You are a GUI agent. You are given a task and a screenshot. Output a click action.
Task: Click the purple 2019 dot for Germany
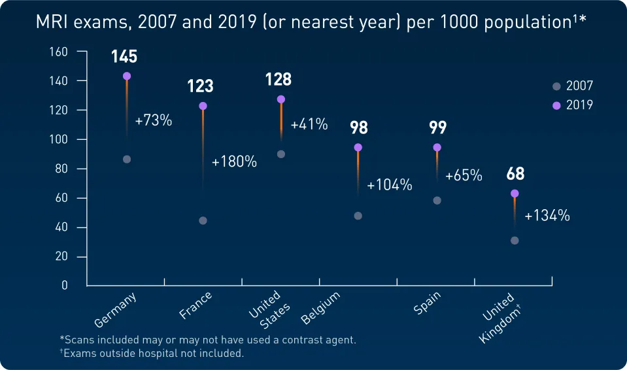pyautogui.click(x=127, y=76)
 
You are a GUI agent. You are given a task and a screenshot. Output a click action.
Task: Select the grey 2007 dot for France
pyautogui.click(x=203, y=220)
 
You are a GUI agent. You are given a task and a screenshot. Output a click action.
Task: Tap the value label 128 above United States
pyautogui.click(x=279, y=80)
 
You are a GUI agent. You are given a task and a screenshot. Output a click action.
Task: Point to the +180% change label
pyautogui.click(x=234, y=162)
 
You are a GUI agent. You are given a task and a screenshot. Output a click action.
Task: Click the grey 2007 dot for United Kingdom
pyautogui.click(x=515, y=241)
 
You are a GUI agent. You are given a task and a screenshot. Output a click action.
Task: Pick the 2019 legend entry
pyautogui.click(x=573, y=105)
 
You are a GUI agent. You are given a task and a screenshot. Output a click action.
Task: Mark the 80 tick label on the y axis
pyautogui.click(x=61, y=169)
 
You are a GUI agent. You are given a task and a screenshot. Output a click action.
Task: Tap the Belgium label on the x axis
pyautogui.click(x=321, y=308)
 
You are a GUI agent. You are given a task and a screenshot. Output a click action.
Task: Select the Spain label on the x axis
pyautogui.click(x=428, y=303)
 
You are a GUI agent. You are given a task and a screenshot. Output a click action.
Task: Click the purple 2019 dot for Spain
pyautogui.click(x=437, y=148)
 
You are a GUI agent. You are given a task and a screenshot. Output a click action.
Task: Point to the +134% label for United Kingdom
pyautogui.click(x=547, y=215)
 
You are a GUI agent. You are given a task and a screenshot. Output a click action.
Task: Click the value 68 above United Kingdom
pyautogui.click(x=515, y=175)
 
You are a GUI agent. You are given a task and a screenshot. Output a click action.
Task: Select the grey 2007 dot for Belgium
pyautogui.click(x=358, y=216)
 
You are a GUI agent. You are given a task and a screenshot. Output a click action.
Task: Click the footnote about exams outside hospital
pyautogui.click(x=152, y=354)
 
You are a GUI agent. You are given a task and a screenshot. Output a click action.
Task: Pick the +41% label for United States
pyautogui.click(x=309, y=124)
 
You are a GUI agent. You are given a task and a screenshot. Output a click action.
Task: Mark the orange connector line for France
pyautogui.click(x=203, y=144)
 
